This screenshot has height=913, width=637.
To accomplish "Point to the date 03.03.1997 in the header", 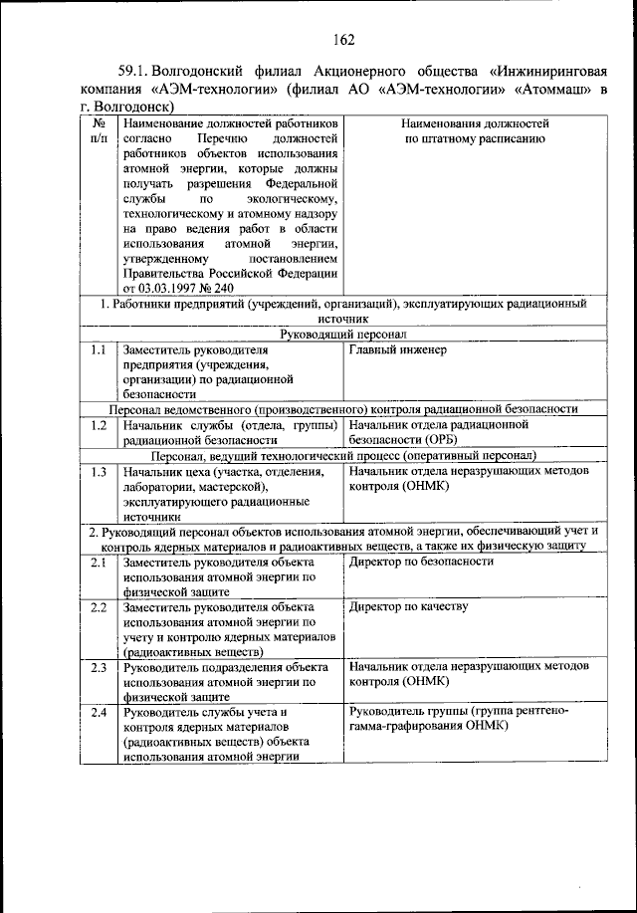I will tap(172, 289).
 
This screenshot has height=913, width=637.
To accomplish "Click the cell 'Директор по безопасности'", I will tap(422, 562).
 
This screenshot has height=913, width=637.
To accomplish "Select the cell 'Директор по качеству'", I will tap(409, 606).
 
